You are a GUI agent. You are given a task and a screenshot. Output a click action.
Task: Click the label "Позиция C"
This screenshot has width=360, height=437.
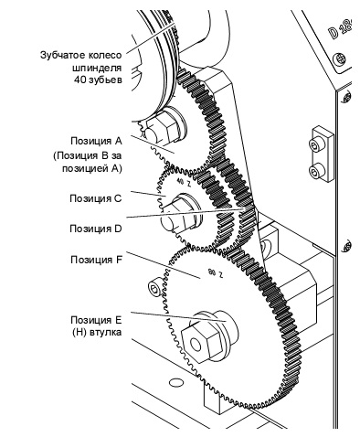click(96, 198)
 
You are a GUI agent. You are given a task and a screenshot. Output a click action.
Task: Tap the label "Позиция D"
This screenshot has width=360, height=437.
click(96, 229)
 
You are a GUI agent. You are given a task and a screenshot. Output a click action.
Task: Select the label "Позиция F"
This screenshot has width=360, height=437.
click(96, 260)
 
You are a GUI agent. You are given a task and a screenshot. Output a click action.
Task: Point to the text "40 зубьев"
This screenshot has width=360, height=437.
click(98, 80)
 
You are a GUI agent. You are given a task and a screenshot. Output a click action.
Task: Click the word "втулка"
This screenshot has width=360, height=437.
click(106, 332)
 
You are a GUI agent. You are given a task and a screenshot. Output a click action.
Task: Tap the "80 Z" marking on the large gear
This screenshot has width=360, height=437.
click(215, 272)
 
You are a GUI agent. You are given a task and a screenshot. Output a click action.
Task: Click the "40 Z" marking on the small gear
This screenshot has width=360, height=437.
click(184, 183)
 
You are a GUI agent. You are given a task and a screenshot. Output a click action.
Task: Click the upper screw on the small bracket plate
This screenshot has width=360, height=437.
click(315, 144)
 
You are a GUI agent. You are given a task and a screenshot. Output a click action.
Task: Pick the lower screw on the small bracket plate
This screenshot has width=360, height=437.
click(315, 171)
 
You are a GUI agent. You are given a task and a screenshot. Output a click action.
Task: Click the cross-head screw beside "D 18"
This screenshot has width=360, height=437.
click(339, 59)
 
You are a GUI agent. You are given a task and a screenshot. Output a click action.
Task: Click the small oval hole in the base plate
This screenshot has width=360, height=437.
click(175, 382)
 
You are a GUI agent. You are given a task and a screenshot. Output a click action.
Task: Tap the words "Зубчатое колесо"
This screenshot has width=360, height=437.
click(80, 56)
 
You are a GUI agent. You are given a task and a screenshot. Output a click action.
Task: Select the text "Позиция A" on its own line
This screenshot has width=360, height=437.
click(96, 142)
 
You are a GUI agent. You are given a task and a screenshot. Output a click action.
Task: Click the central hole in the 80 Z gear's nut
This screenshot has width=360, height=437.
click(196, 345)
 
